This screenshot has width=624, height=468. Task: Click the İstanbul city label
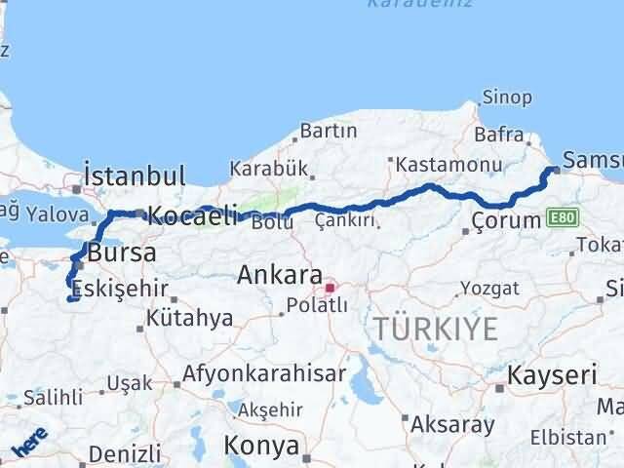[135, 176]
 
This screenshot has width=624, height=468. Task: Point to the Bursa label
[121, 253]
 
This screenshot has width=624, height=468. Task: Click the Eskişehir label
[116, 290]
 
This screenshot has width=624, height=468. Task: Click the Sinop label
[507, 97]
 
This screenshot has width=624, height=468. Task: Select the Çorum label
[506, 220]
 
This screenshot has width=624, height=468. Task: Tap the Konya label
[260, 446]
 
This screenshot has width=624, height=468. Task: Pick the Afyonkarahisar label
[262, 374]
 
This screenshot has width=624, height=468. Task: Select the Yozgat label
[485, 290]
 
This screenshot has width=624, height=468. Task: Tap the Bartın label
[329, 131]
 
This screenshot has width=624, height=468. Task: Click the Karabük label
[268, 168]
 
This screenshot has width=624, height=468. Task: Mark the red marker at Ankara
[331, 288]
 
